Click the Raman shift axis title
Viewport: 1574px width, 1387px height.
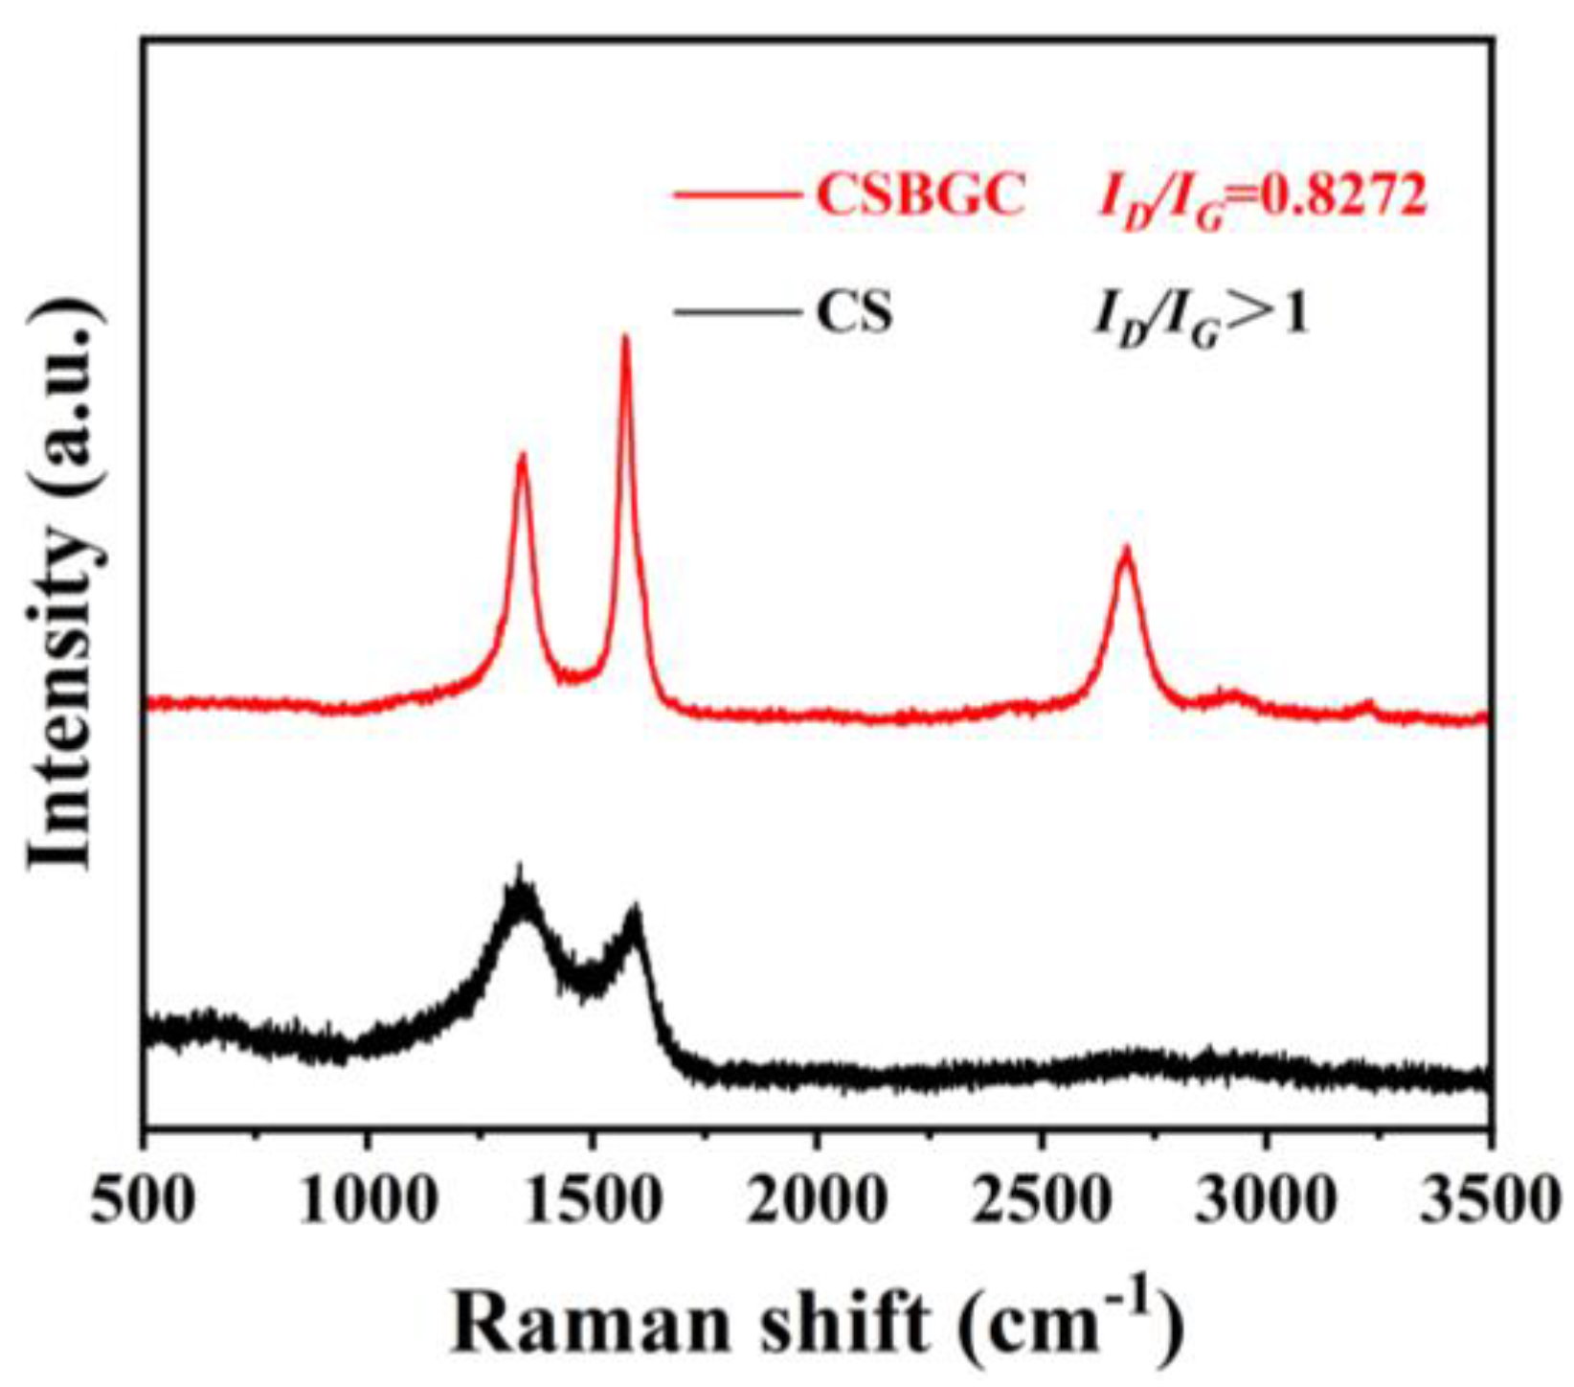(818, 1323)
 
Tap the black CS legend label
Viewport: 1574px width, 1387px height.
(854, 312)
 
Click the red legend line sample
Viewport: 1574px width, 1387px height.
(737, 196)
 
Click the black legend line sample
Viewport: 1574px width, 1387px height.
(737, 312)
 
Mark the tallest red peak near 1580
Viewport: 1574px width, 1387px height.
(626, 338)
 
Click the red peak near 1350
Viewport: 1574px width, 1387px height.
(522, 457)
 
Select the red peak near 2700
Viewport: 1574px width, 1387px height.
(1127, 550)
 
